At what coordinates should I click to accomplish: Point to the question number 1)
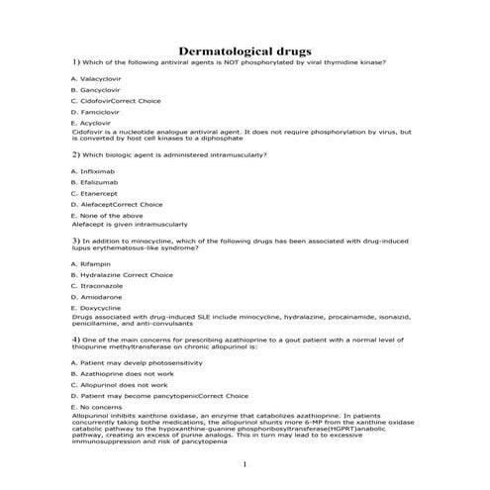[x=76, y=61]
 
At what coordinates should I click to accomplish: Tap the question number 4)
[x=76, y=340]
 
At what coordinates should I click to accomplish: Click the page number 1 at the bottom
[x=245, y=463]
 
